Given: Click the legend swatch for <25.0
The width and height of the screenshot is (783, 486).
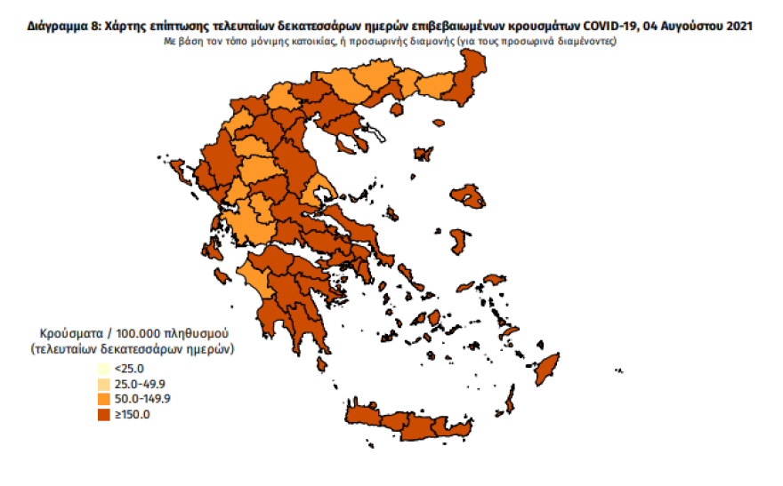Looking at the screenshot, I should [104, 369].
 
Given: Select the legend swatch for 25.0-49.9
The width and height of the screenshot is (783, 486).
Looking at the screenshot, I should [104, 384].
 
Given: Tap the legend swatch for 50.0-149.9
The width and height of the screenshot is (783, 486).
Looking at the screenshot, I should [104, 399].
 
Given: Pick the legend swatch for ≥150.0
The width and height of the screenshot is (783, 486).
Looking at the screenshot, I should [104, 414].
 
